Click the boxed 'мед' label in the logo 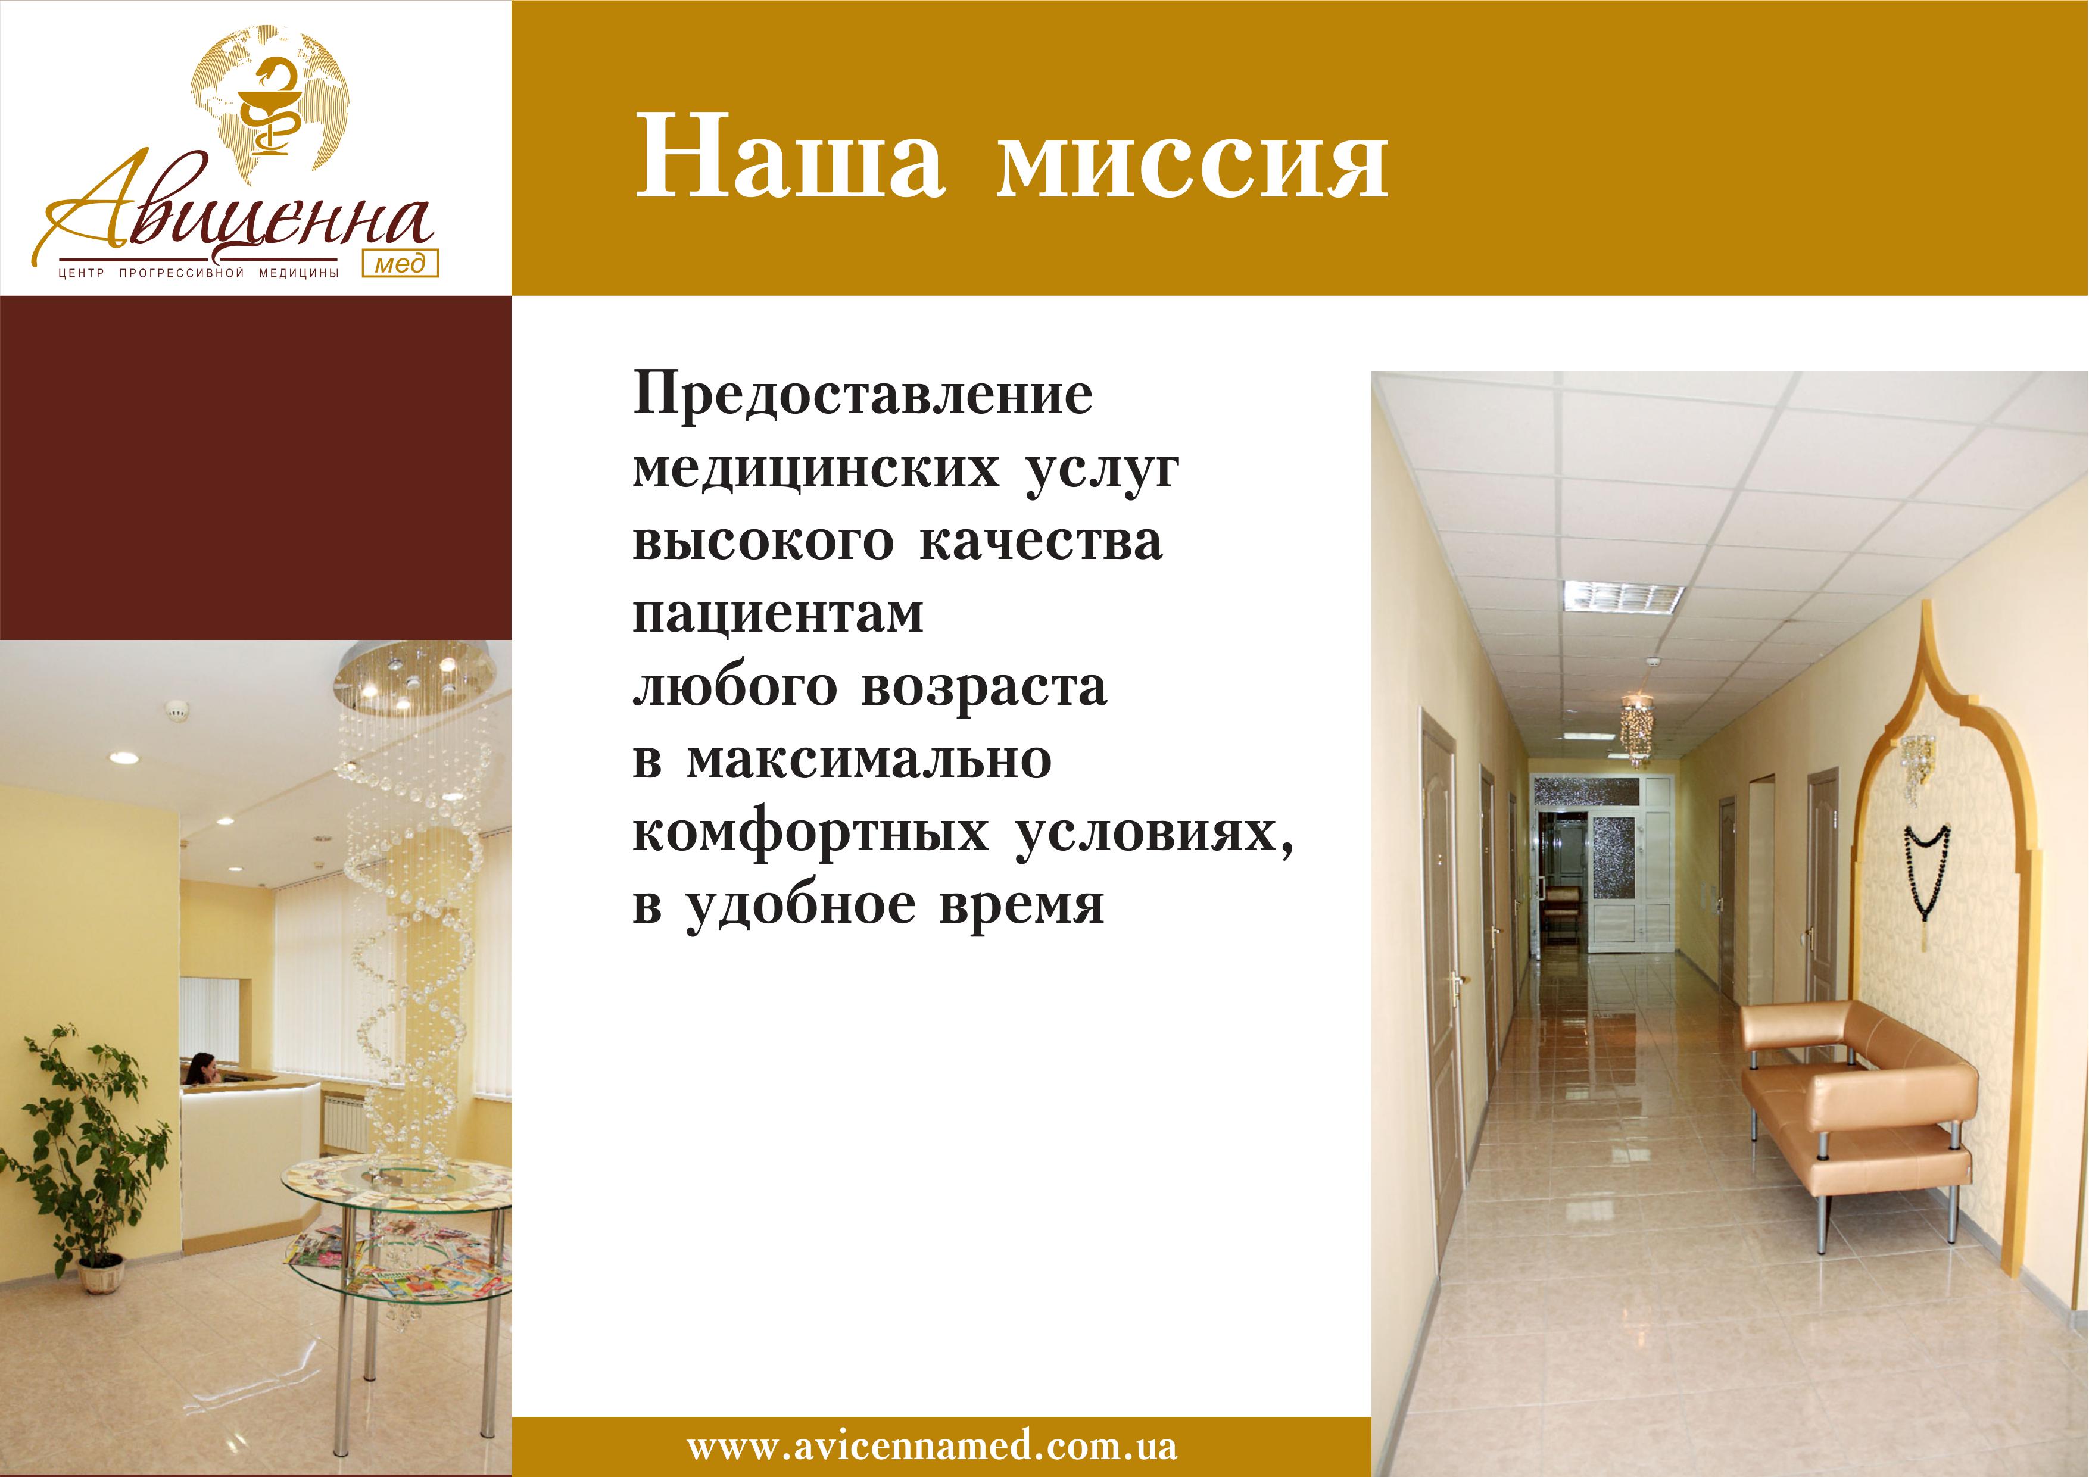[x=400, y=263]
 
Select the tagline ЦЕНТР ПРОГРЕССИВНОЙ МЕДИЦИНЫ [x=198, y=273]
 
